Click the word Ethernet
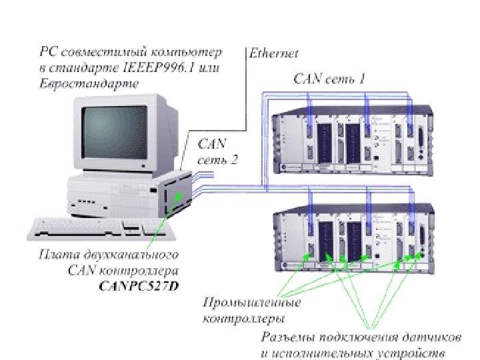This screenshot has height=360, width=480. tap(273, 53)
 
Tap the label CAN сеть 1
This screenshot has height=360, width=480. tap(329, 79)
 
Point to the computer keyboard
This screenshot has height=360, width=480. tap(100, 229)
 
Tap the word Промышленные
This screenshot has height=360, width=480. tap(251, 302)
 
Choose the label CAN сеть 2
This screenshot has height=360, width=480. tap(216, 151)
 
